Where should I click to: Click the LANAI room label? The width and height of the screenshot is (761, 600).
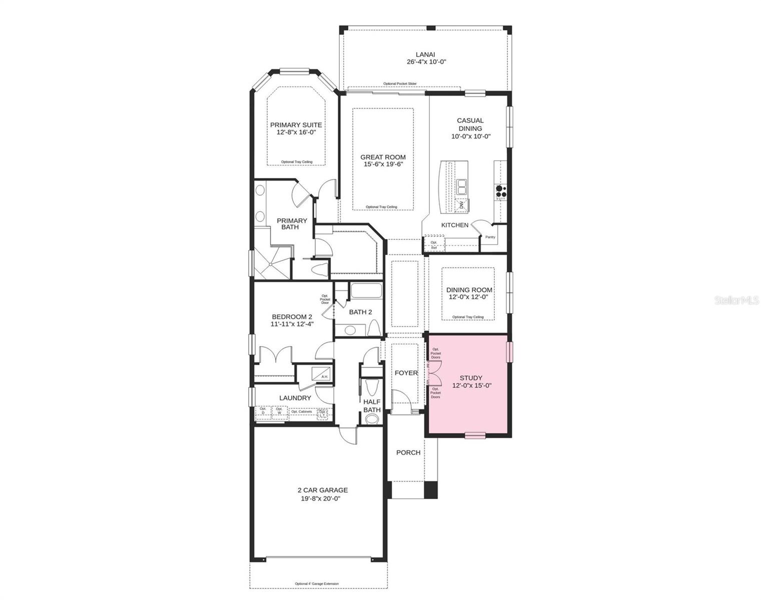[426, 54]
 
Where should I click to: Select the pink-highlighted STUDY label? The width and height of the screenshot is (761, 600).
[471, 378]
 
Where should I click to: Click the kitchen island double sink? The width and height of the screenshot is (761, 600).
[462, 187]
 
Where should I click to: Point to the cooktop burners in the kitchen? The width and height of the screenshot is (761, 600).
[501, 191]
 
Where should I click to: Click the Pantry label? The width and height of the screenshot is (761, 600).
[490, 237]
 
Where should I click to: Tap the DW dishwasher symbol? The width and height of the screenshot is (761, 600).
[462, 204]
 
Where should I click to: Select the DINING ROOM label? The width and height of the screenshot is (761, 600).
[469, 289]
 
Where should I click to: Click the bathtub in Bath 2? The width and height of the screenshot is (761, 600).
[366, 291]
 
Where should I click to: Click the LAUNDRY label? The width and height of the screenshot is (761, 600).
[295, 398]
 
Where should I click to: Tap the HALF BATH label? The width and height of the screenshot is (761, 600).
[372, 405]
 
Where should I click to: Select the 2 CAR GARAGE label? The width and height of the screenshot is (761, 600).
[322, 490]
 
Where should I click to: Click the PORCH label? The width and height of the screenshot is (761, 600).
[408, 452]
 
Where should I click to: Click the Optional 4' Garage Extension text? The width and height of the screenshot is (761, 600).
[317, 583]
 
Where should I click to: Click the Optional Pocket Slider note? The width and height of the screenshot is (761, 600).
[400, 83]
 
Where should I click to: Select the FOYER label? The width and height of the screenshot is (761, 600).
[406, 373]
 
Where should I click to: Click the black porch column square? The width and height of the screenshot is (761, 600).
[430, 489]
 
